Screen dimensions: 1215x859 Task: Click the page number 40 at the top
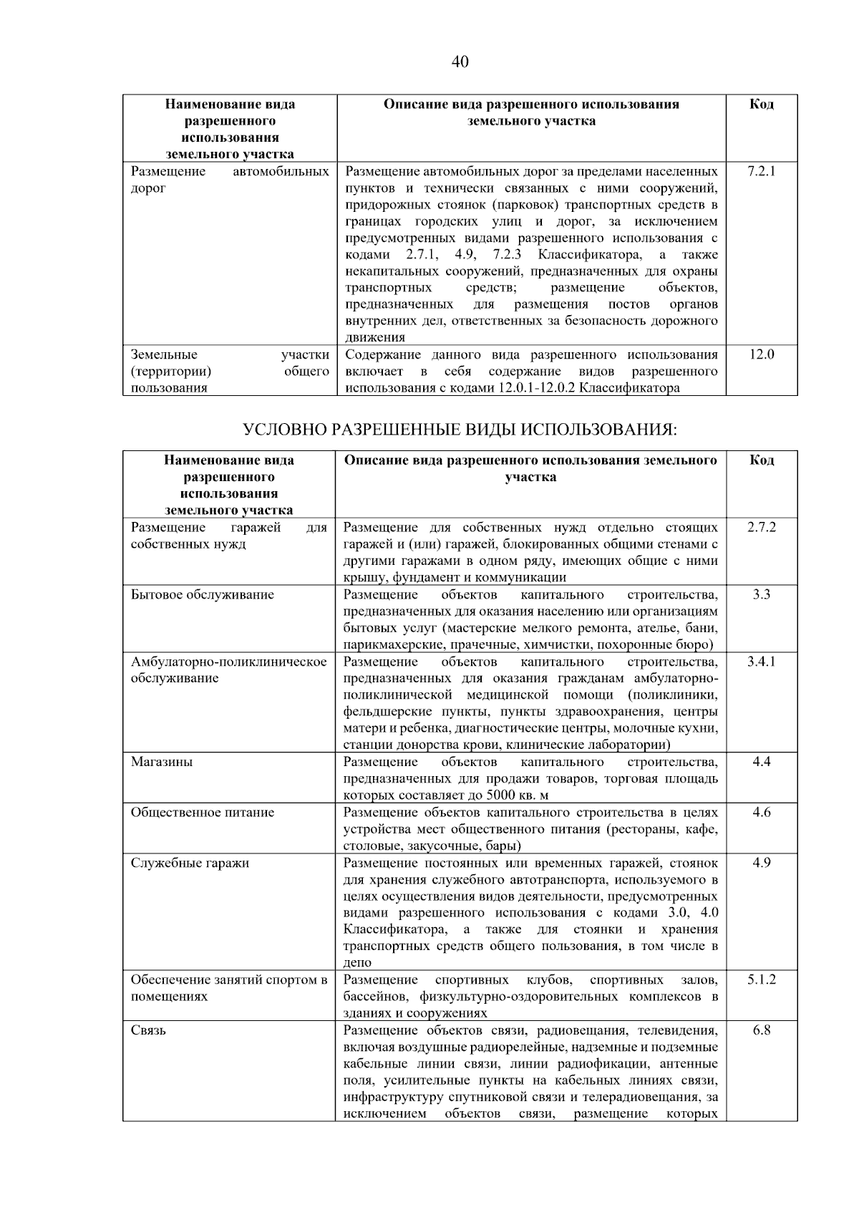point(460,62)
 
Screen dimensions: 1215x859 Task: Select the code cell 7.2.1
point(761,172)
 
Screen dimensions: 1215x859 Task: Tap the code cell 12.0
point(761,354)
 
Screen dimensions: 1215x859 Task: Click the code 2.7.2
point(761,528)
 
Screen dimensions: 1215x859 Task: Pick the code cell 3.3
point(761,595)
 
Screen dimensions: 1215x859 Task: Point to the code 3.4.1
point(761,662)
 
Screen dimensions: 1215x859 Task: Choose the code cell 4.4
point(761,762)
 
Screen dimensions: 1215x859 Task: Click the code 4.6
point(761,813)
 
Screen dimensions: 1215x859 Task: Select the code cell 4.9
point(761,863)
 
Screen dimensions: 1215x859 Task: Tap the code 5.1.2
point(761,980)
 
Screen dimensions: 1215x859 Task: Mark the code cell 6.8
point(761,1030)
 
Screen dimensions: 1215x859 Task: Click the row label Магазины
point(161,762)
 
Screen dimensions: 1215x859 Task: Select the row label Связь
point(148,1030)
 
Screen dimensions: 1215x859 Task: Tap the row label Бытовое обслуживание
point(203,595)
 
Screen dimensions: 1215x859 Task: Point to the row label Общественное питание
point(203,813)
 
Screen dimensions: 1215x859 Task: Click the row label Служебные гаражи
point(190,863)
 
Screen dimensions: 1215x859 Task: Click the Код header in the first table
point(761,105)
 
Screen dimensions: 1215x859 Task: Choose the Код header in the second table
point(761,460)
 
